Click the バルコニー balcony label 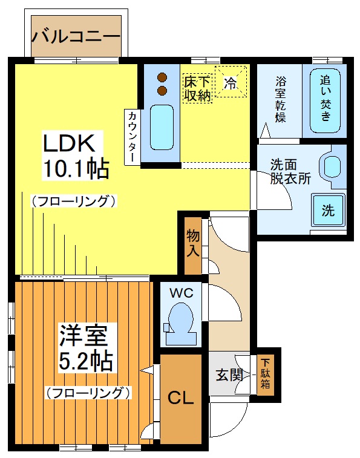[76, 37]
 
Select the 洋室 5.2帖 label [86, 347]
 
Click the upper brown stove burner [162, 77]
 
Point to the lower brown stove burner [162, 90]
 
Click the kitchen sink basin [162, 127]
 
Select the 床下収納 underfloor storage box [197, 88]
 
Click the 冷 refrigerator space [231, 82]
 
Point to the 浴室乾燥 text [281, 99]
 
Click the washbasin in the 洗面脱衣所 [332, 165]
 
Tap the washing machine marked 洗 [328, 209]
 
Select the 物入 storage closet [193, 246]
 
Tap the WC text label [182, 292]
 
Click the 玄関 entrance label [230, 375]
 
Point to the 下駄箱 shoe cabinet [266, 375]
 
